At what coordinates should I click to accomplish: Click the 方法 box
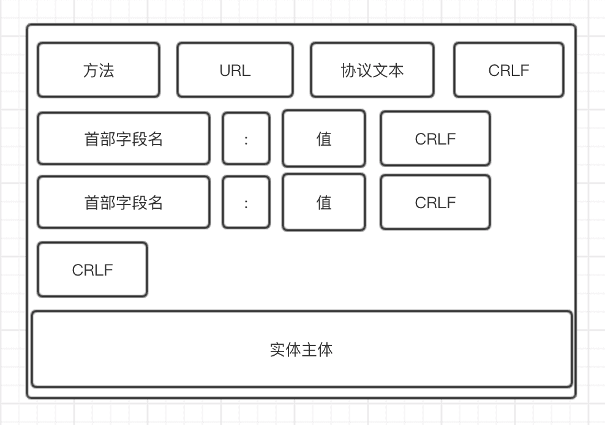98,70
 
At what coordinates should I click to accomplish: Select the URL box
235,70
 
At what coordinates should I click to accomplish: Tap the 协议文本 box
372,70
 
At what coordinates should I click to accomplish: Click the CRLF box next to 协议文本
508,70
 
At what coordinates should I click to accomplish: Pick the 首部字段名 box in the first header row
123,139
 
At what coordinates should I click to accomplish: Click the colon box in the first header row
246,139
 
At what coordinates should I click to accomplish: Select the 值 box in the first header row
323,139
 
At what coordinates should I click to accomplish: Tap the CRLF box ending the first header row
435,139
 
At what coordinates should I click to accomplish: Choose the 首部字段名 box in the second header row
123,203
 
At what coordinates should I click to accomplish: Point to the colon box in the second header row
246,203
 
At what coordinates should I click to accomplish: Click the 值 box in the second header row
323,203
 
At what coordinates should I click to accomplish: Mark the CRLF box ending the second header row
435,203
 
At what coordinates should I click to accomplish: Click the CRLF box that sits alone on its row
92,270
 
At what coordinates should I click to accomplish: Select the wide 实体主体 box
301,350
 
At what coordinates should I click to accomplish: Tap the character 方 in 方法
90,70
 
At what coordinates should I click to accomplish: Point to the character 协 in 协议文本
348,70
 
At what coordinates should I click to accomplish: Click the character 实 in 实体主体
277,350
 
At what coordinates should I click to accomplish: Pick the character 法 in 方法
107,70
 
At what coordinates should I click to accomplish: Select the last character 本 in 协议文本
396,70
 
